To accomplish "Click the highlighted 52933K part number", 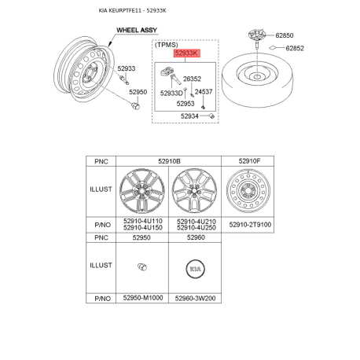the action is (186, 53).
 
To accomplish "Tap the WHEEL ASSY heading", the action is (137, 30).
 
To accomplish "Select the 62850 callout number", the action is (285, 35).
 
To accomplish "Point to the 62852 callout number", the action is (295, 48).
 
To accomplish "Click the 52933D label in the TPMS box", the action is (171, 93).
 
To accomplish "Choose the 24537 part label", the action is (204, 92).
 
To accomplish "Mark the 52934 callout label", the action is (189, 116).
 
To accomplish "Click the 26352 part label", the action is (192, 79).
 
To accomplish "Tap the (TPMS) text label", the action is (167, 45).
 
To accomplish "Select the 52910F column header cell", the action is (248, 161).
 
